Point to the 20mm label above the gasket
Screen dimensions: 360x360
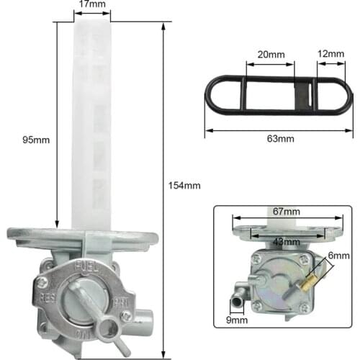pos(270,54)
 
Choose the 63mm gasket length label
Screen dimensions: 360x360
pos(279,138)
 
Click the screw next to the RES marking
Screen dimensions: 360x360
pos(42,282)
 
